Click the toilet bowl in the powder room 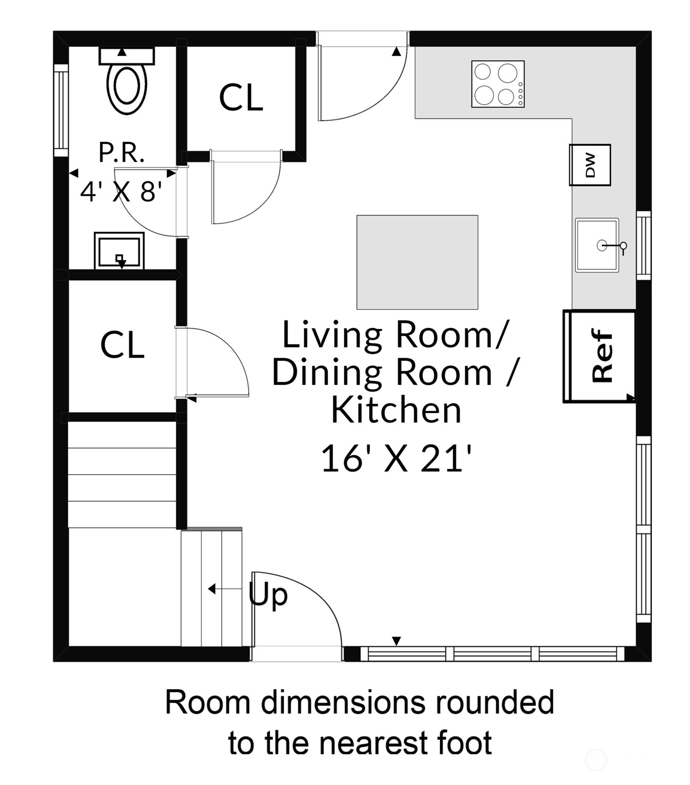(x=126, y=89)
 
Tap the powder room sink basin (x=120, y=251)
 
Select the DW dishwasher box (x=590, y=165)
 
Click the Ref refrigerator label (x=602, y=356)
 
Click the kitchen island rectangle (x=417, y=263)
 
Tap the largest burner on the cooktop (x=507, y=73)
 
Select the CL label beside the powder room (x=241, y=98)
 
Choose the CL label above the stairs (x=122, y=344)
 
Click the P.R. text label (x=122, y=153)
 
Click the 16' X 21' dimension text (x=396, y=458)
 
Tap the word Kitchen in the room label (x=396, y=410)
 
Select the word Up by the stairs (x=268, y=595)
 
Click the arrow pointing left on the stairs (x=225, y=589)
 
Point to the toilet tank (x=126, y=56)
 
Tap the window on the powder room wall (x=61, y=111)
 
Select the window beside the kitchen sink (x=644, y=245)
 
